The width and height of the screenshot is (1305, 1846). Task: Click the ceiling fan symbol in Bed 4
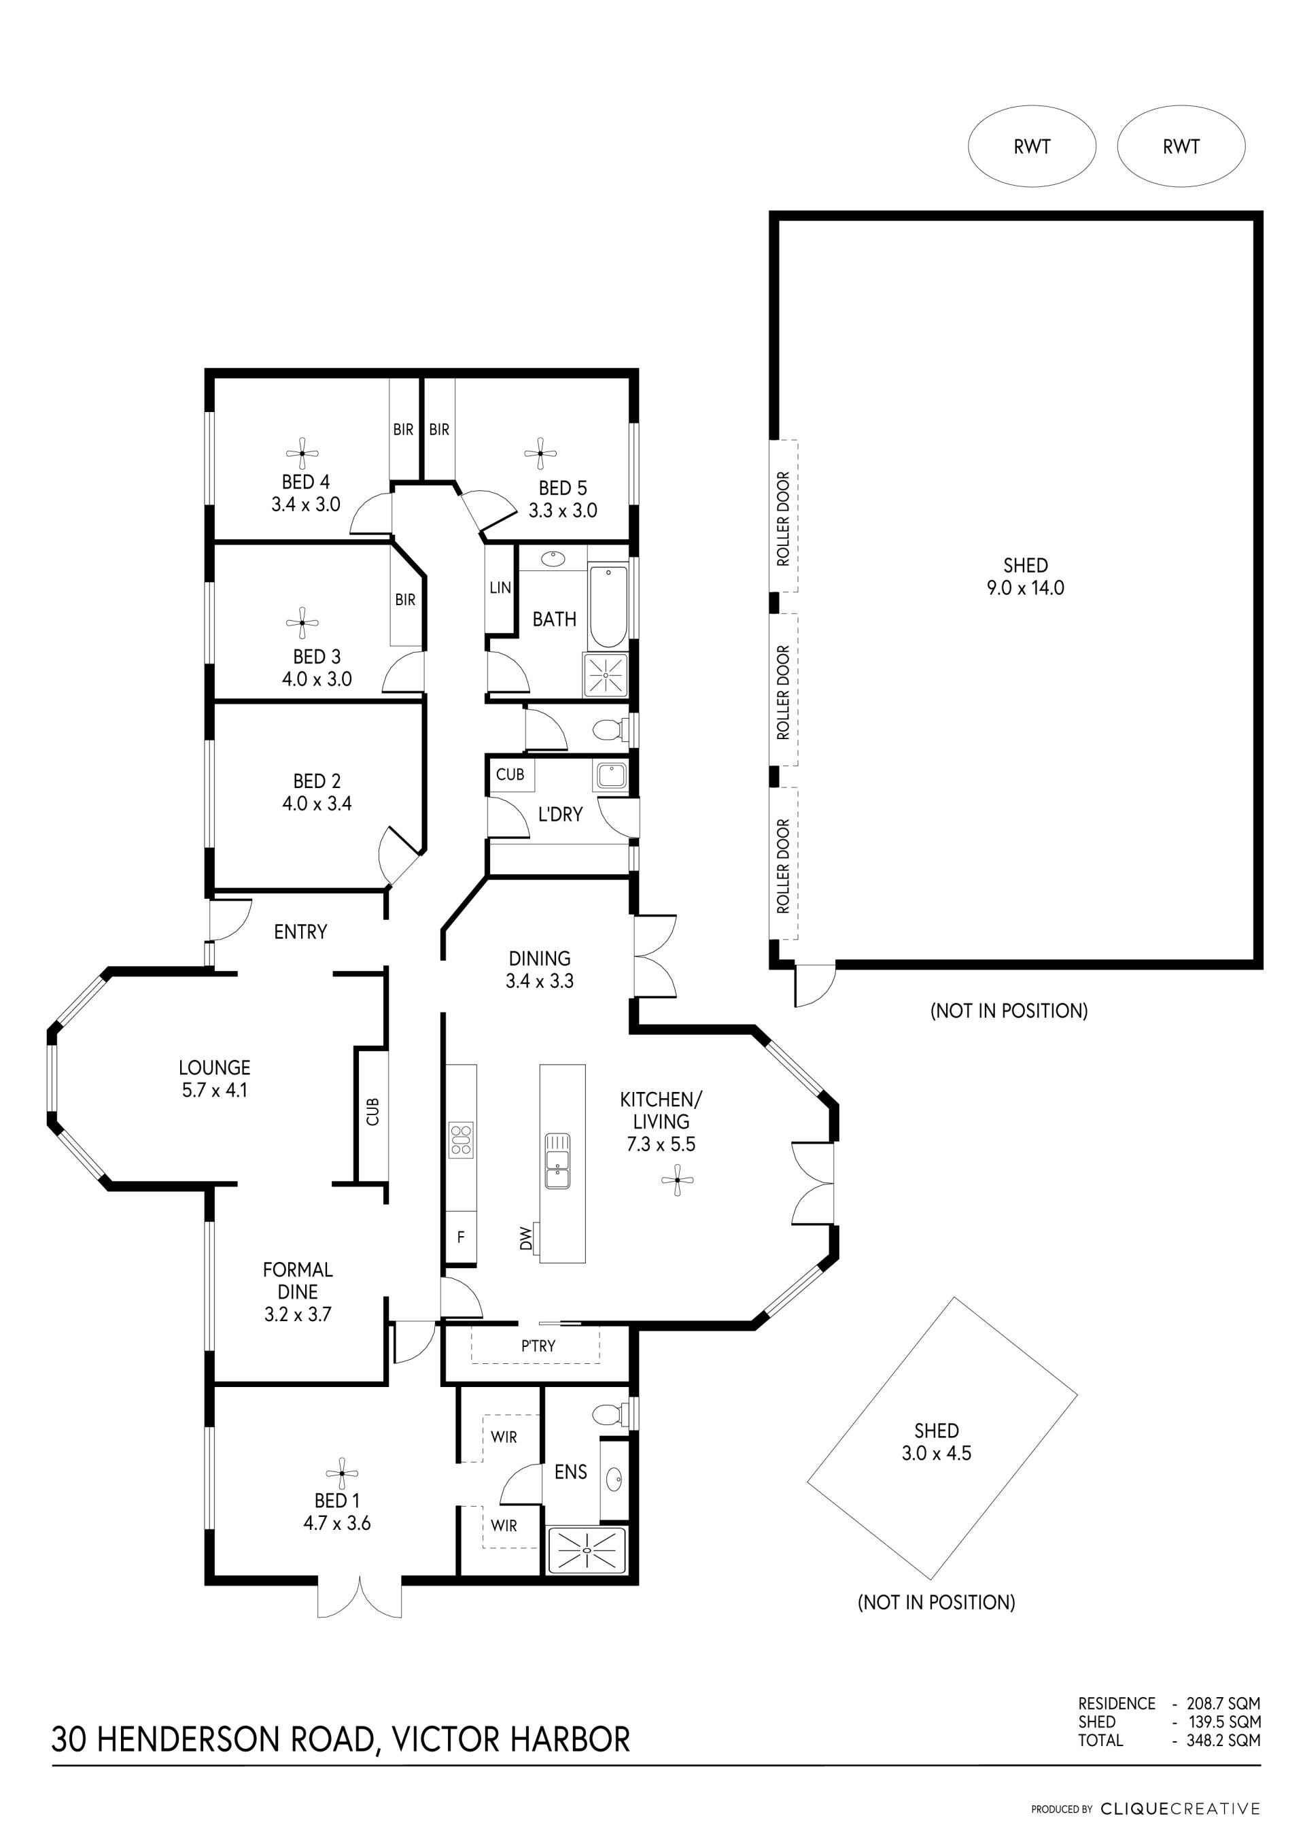click(x=302, y=454)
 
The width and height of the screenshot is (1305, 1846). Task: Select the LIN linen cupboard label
click(x=500, y=587)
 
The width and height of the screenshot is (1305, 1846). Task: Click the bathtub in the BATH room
click(x=608, y=606)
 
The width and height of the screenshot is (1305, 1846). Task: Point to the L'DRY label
click(x=560, y=815)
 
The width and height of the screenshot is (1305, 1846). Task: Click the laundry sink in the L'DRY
click(x=610, y=776)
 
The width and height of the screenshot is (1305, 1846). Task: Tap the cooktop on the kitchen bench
click(x=462, y=1140)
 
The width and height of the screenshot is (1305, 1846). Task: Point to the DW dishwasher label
click(x=526, y=1237)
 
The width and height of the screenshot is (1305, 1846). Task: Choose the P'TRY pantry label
click(x=538, y=1345)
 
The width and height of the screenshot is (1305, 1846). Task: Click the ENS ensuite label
click(x=570, y=1471)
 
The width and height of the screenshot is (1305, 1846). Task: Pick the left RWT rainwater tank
click(x=1032, y=146)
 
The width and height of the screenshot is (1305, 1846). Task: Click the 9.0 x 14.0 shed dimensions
click(x=1026, y=587)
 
